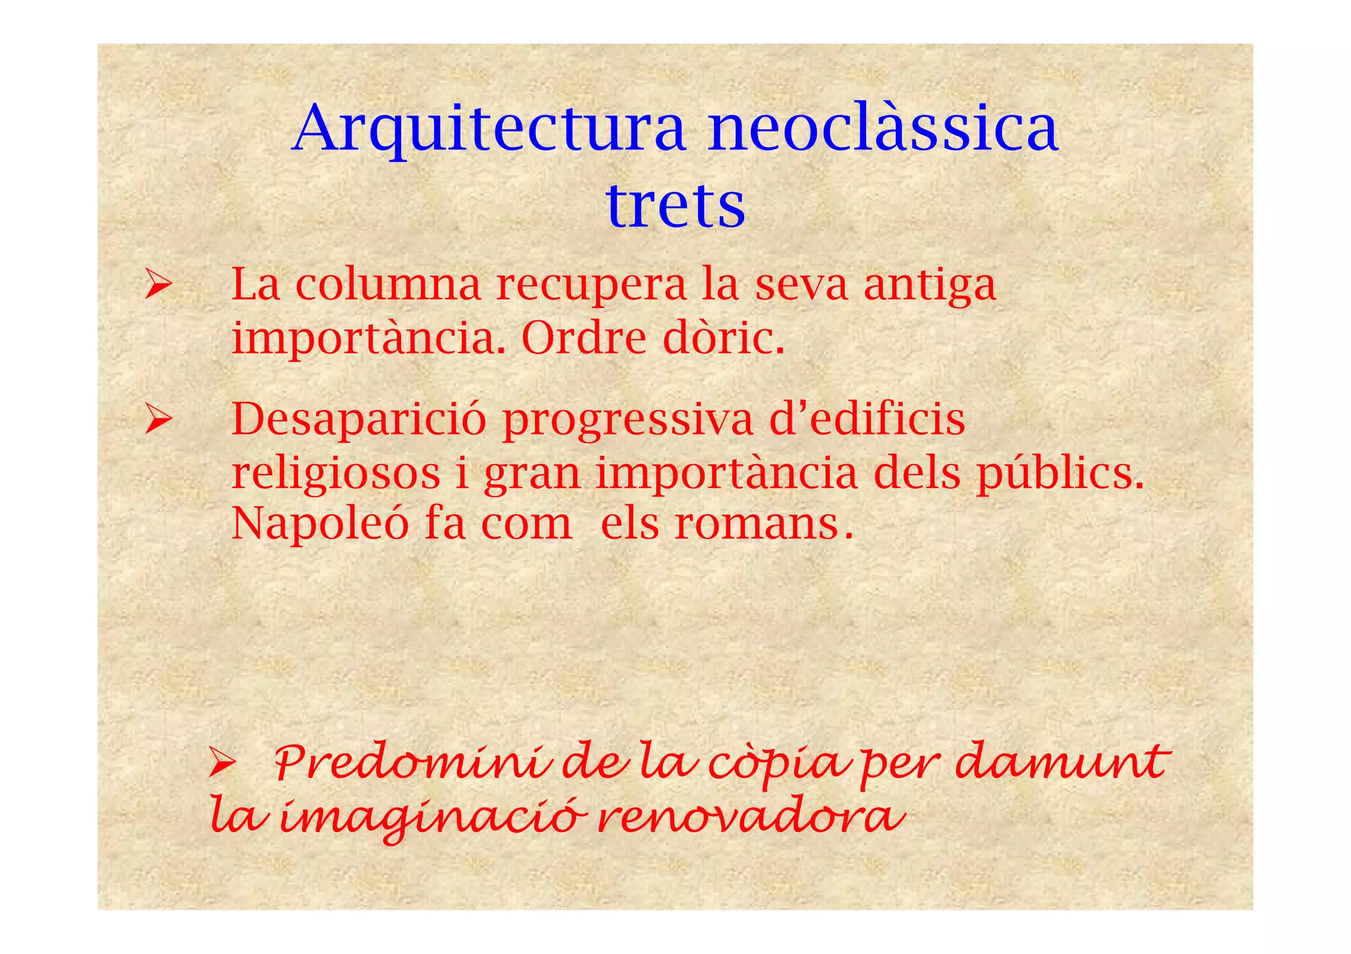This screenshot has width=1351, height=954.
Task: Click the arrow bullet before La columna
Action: point(158,287)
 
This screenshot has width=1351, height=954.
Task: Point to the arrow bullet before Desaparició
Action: point(158,420)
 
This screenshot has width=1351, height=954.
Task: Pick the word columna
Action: point(388,285)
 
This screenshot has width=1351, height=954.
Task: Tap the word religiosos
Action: point(336,475)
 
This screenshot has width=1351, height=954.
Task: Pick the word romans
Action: point(756,525)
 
